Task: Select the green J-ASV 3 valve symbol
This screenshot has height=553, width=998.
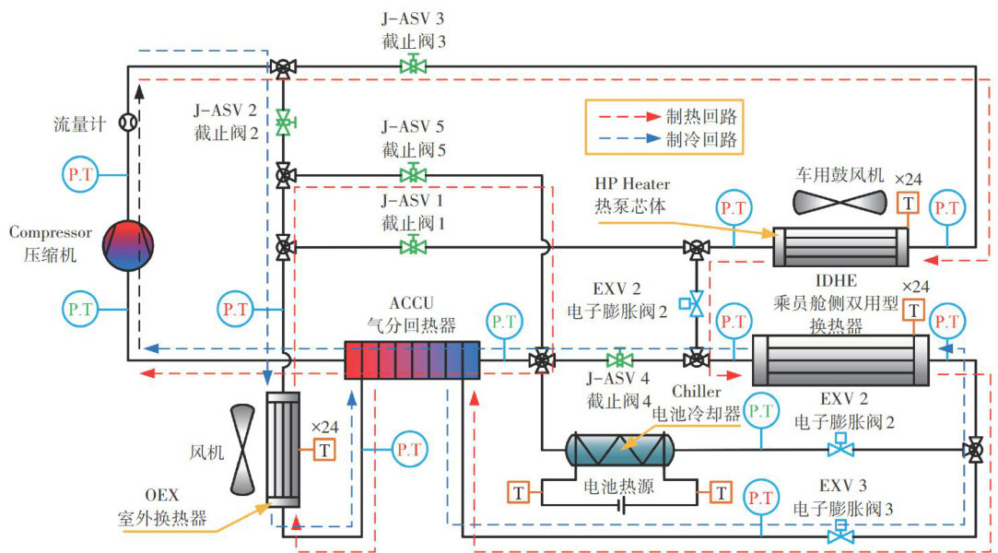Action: [412, 65]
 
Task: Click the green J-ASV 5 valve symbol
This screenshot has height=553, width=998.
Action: [412, 173]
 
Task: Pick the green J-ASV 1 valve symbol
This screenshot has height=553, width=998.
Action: [412, 246]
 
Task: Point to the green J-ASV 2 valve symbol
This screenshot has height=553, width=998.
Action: [284, 122]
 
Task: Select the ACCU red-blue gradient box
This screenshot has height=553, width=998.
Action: [413, 359]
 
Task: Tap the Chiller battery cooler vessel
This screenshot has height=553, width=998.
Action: [619, 449]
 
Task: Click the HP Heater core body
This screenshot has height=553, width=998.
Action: [839, 247]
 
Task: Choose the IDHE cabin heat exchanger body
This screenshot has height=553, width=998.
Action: [840, 359]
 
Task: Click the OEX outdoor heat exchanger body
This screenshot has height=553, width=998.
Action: [284, 449]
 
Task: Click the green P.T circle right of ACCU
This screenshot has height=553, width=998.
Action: [504, 323]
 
